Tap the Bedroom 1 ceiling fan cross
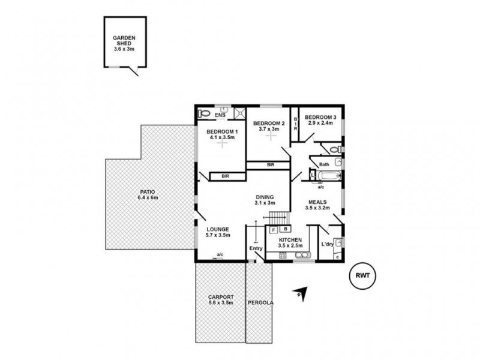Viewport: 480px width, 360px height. point(223,144)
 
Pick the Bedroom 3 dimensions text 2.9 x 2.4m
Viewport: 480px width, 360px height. point(320,123)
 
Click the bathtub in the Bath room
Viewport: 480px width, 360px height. point(328,176)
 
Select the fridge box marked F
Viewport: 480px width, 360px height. point(274,229)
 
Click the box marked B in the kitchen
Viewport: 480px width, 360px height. point(286,229)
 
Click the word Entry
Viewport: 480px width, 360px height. point(256,248)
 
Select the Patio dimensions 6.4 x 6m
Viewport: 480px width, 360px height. point(146,198)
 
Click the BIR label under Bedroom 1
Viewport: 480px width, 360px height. point(225,176)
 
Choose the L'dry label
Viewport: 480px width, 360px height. point(327,244)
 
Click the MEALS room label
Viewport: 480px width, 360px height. point(317,202)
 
